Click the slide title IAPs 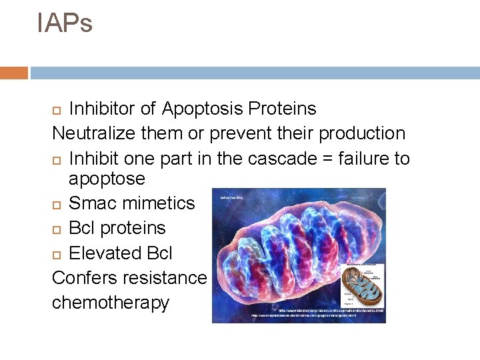click(x=65, y=23)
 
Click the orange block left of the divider click(x=14, y=73)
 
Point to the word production click(x=361, y=133)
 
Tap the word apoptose click(x=107, y=179)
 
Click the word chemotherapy click(x=111, y=303)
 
